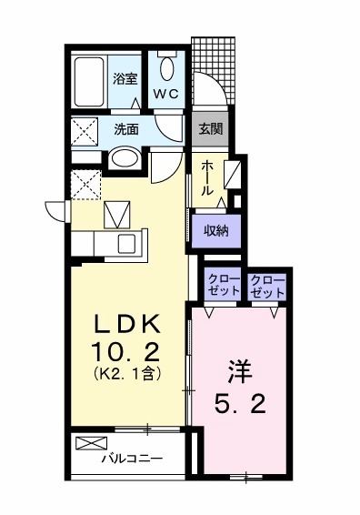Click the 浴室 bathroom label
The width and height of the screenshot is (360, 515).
pyautogui.click(x=125, y=79)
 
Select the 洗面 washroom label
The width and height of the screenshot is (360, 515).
pyautogui.click(x=126, y=129)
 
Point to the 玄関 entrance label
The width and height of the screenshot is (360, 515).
pyautogui.click(x=209, y=129)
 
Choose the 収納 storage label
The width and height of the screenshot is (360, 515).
pyautogui.click(x=215, y=230)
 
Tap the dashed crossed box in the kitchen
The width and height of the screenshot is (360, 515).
pyautogui.click(x=86, y=185)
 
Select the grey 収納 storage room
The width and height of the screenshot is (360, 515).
pyautogui.click(x=215, y=230)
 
